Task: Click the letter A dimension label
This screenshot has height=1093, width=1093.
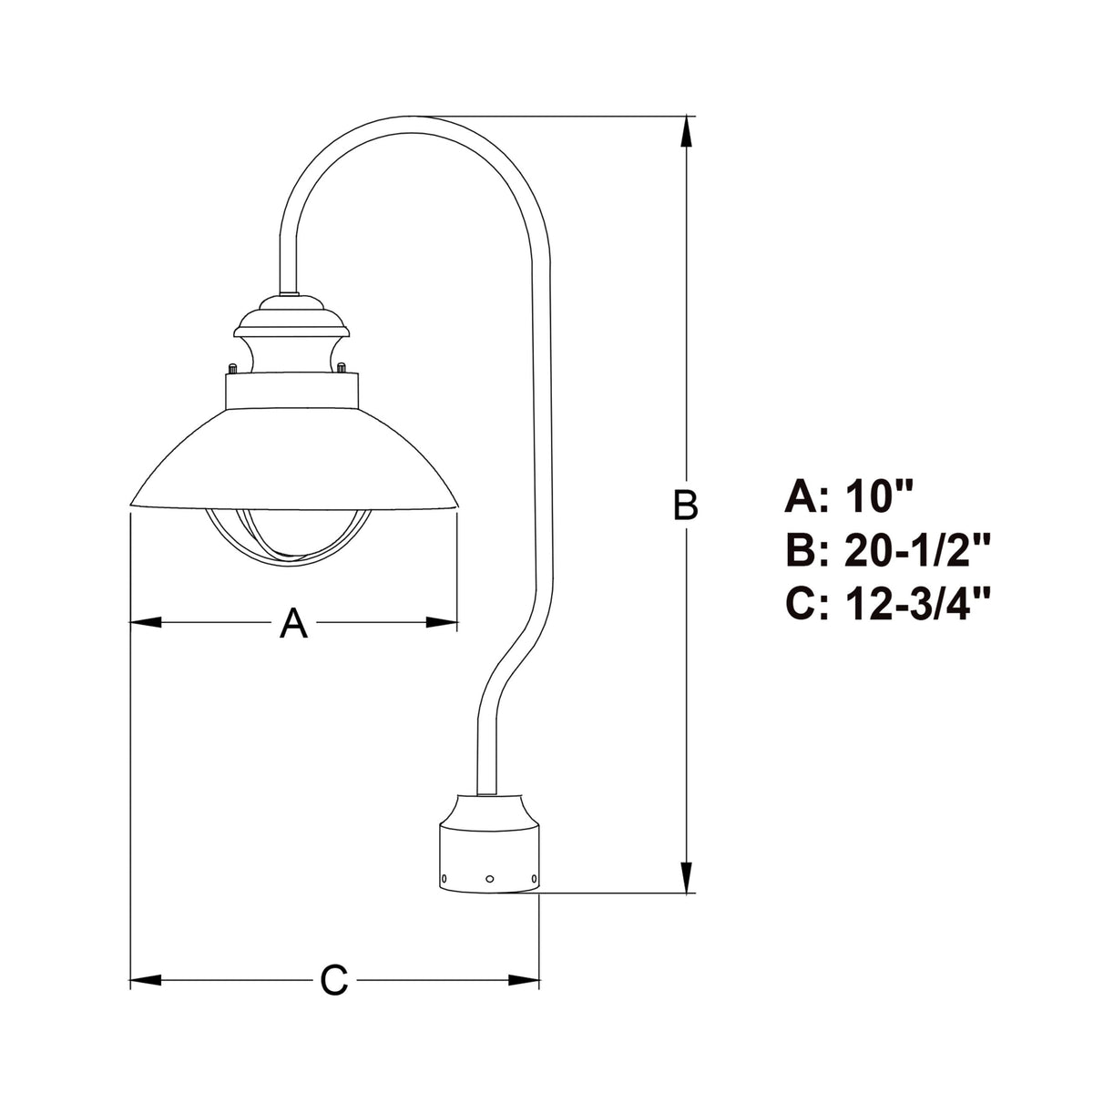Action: click(x=293, y=623)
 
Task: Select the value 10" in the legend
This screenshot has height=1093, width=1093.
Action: click(x=878, y=497)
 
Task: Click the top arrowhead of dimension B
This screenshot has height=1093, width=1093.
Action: click(x=687, y=132)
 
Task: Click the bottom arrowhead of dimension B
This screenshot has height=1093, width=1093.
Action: click(x=687, y=877)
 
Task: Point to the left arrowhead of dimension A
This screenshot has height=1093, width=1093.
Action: click(x=146, y=622)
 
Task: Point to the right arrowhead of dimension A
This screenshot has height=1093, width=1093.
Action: click(x=442, y=622)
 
